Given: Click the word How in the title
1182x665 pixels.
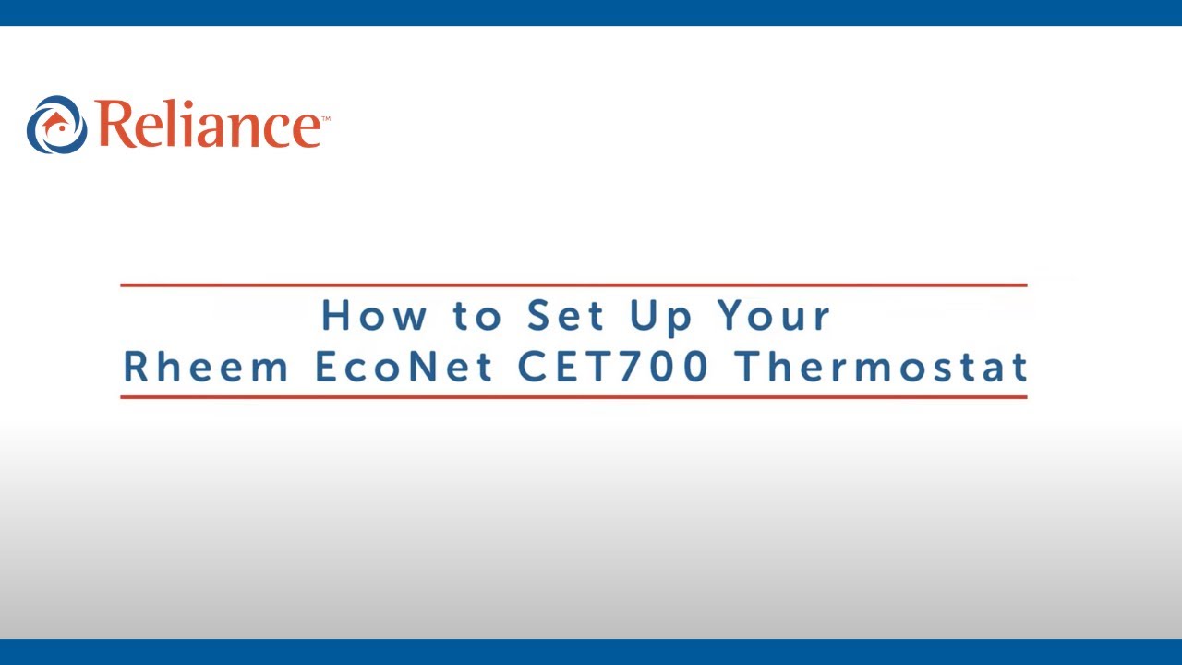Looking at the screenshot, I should coord(374,316).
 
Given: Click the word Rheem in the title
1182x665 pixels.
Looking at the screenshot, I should coord(206,367).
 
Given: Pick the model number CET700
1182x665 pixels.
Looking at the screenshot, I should coord(613,367).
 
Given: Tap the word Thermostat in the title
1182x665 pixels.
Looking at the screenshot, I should coord(882,367).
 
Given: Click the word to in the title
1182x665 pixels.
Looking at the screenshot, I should coord(476,317).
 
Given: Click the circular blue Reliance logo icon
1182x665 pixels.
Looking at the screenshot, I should coord(56,125).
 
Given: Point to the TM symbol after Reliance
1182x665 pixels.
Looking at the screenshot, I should coord(325,118).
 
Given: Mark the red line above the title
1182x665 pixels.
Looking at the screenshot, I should coord(573,285).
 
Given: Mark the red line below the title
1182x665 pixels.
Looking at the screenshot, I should coord(573,397).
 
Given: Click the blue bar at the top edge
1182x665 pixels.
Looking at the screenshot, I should coord(591,12).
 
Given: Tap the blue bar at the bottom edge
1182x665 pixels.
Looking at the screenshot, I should coord(591,652).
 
